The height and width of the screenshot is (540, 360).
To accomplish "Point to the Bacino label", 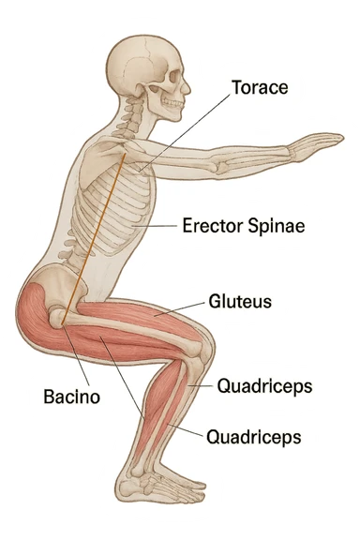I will coord(71,397).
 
